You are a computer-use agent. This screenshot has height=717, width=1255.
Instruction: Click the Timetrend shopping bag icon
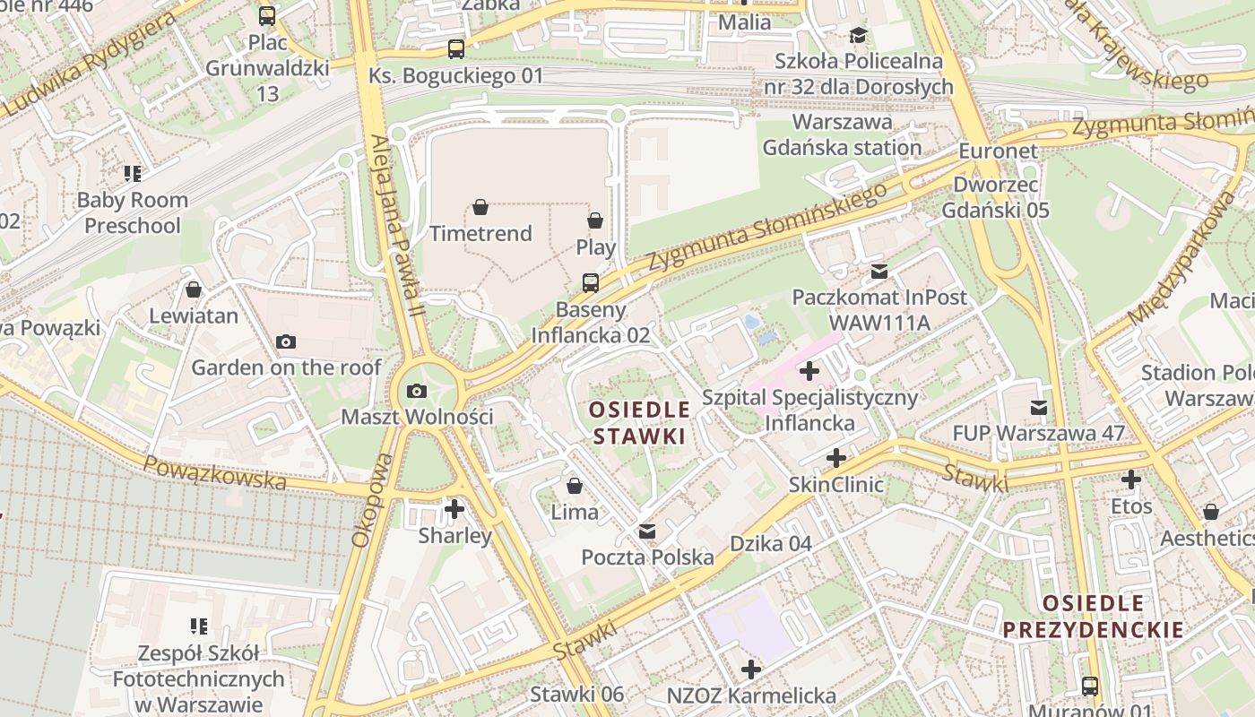pyautogui.click(x=480, y=208)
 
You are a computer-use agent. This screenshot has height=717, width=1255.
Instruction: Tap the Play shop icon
pyautogui.click(x=595, y=220)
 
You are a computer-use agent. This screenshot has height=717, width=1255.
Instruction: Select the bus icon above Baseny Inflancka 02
pyautogui.click(x=591, y=283)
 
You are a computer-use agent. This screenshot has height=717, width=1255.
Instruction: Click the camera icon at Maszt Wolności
pyautogui.click(x=417, y=391)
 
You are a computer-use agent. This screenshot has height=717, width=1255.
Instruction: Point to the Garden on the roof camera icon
pyautogui.click(x=286, y=341)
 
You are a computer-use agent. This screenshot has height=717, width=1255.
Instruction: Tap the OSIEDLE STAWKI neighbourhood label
pyautogui.click(x=639, y=424)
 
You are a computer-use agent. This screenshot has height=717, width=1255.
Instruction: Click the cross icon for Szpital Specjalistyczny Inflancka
pyautogui.click(x=809, y=370)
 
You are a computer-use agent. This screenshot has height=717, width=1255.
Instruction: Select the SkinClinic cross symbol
pyautogui.click(x=836, y=459)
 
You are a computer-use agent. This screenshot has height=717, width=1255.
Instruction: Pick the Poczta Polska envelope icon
pyautogui.click(x=647, y=531)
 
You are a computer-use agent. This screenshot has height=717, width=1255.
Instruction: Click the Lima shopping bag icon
pyautogui.click(x=575, y=486)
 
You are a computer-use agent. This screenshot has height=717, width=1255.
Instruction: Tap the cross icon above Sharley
pyautogui.click(x=454, y=509)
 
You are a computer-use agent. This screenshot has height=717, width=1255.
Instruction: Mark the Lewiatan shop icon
pyautogui.click(x=194, y=289)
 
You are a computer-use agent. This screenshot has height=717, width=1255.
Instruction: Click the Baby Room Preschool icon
pyautogui.click(x=133, y=174)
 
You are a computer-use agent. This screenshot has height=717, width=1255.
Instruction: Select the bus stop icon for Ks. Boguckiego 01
pyautogui.click(x=456, y=49)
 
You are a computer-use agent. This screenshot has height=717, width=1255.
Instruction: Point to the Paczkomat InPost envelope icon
pyautogui.click(x=879, y=271)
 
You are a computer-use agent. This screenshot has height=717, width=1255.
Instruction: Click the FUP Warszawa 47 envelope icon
pyautogui.click(x=1038, y=408)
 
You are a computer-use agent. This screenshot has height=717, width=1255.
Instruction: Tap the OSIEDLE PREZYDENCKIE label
pyautogui.click(x=1093, y=617)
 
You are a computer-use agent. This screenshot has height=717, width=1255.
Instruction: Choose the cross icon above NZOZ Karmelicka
pyautogui.click(x=751, y=669)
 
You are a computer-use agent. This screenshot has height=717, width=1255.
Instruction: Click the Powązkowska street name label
pyautogui.click(x=215, y=473)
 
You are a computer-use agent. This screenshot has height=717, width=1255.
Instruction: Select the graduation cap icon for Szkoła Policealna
pyautogui.click(x=858, y=35)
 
